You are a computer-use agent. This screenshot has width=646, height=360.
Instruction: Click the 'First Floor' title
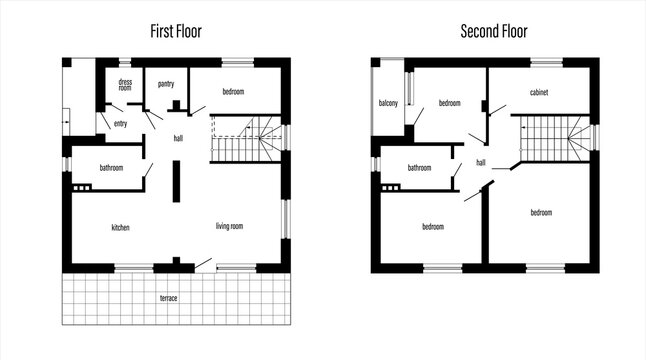click(x=176, y=31)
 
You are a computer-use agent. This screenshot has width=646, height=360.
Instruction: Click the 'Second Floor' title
click(x=493, y=31)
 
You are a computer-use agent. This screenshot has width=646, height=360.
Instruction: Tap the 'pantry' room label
click(x=166, y=84)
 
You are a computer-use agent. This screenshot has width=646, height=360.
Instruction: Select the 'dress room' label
click(x=125, y=85)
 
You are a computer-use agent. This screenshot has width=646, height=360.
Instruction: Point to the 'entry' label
click(x=120, y=124)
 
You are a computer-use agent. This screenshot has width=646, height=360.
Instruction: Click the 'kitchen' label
click(x=120, y=228)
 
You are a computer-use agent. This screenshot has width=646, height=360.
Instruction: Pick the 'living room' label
click(x=230, y=227)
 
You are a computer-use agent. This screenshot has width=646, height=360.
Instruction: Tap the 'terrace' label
click(x=169, y=298)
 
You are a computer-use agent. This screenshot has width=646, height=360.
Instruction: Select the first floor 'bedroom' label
click(x=233, y=92)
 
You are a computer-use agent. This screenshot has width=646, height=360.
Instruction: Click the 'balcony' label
click(x=388, y=104)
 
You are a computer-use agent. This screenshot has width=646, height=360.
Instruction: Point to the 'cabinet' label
click(x=539, y=92)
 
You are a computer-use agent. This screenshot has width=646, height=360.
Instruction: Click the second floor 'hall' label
click(x=481, y=162)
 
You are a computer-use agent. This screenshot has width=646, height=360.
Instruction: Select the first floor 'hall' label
click(x=178, y=138)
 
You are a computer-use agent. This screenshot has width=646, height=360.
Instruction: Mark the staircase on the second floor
click(x=553, y=138)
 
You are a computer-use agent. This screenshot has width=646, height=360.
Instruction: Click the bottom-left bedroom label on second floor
click(x=432, y=227)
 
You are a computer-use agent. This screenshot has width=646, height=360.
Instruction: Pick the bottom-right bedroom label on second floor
click(x=541, y=212)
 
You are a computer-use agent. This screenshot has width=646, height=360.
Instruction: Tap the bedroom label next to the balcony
click(x=449, y=103)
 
